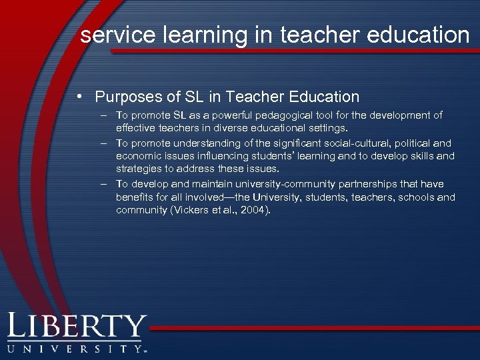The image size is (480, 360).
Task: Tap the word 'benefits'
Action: coord(135,197)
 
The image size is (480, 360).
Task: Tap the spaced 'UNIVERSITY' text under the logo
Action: coord(73,348)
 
